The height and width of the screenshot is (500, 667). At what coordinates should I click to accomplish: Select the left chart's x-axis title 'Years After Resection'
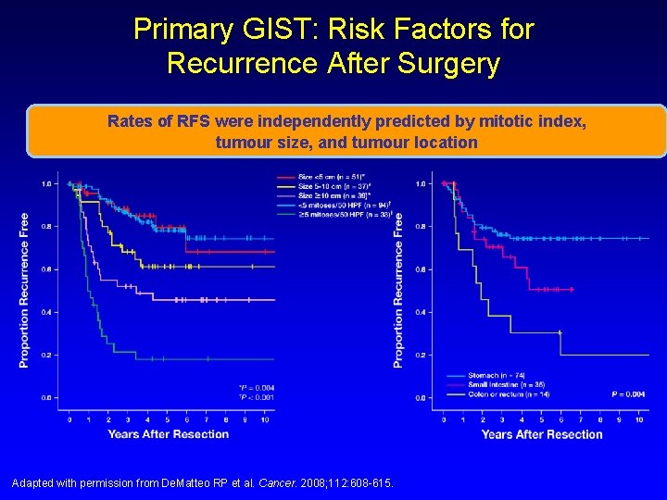(168, 433)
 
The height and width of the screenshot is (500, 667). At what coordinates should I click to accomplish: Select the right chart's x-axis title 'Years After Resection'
(542, 433)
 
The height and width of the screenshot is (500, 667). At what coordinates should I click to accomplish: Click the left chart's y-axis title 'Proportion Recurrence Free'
(23, 290)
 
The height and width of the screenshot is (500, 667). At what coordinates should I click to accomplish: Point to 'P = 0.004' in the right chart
(628, 394)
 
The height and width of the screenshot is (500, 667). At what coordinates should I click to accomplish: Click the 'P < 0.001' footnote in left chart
(257, 396)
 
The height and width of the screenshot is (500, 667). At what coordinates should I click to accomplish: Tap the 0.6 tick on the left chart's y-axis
(45, 269)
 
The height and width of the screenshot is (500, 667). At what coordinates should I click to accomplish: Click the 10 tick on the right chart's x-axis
(639, 419)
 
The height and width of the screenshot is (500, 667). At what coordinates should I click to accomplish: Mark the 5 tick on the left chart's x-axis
(167, 419)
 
